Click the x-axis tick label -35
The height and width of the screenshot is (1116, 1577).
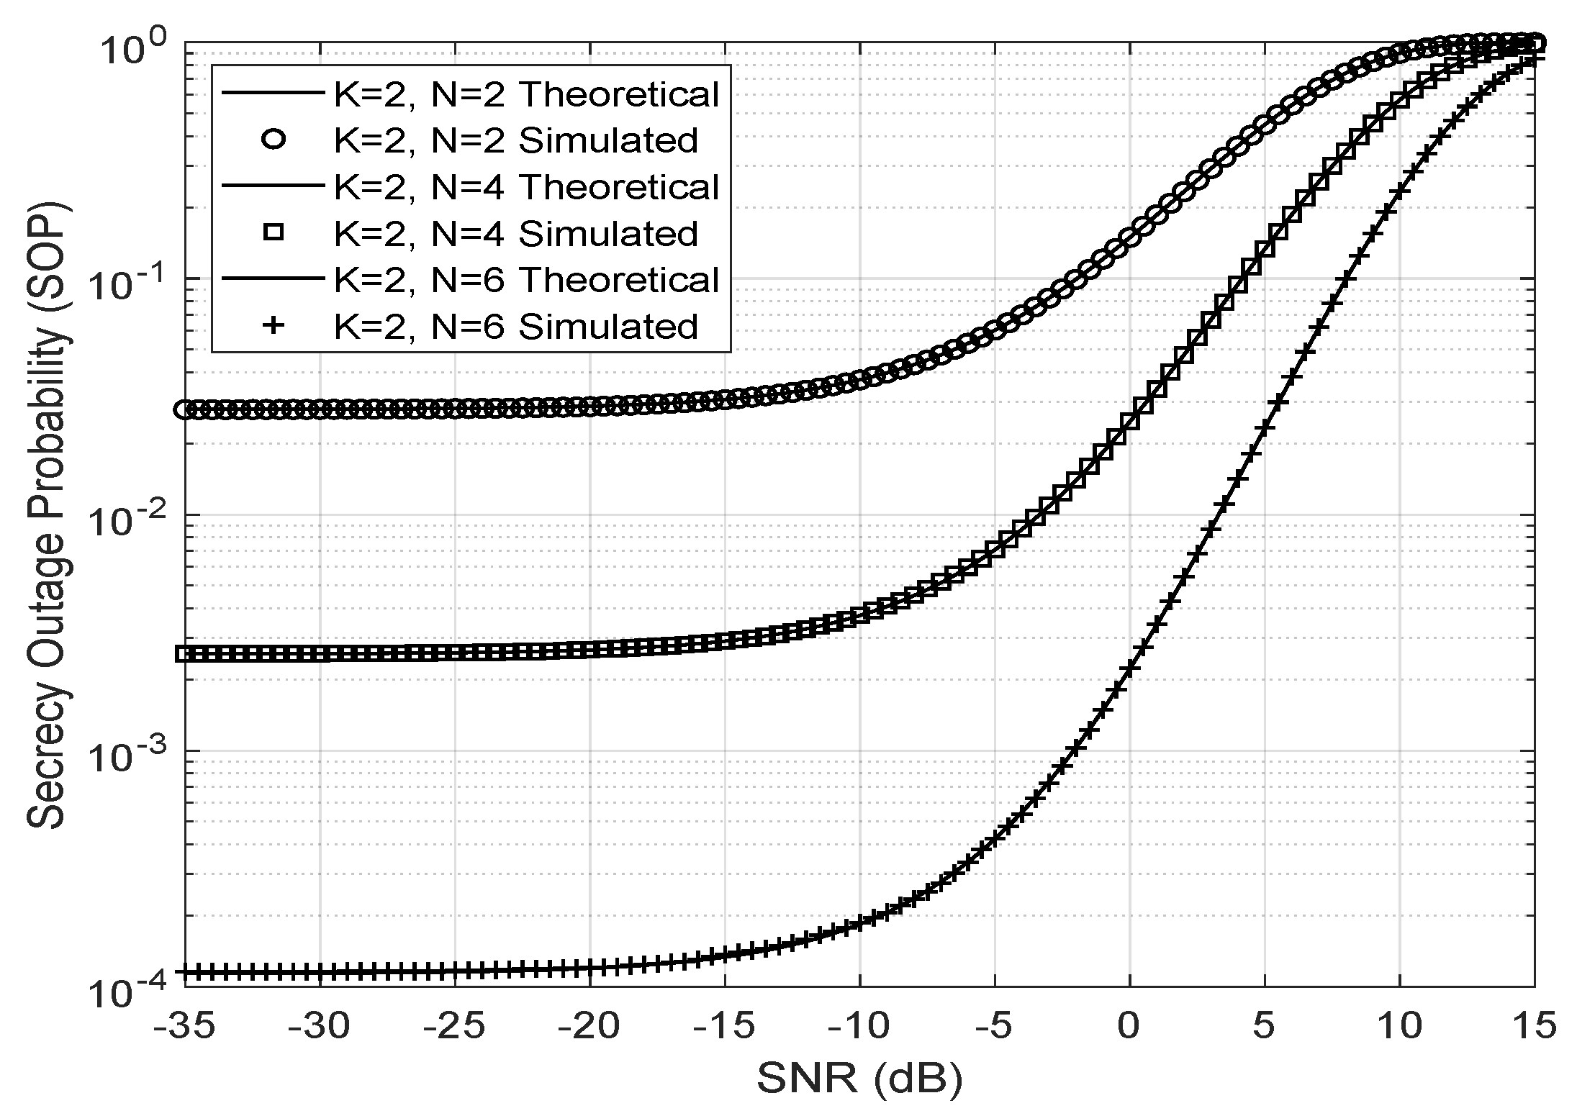[184, 1027]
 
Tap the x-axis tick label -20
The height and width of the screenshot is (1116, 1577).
[589, 1027]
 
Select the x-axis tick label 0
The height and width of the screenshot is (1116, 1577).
[1129, 1027]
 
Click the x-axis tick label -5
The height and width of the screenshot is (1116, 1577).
[994, 1027]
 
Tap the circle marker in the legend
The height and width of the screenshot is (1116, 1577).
[274, 140]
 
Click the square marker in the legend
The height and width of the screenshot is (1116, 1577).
[274, 232]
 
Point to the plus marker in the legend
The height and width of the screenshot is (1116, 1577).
[274, 326]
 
